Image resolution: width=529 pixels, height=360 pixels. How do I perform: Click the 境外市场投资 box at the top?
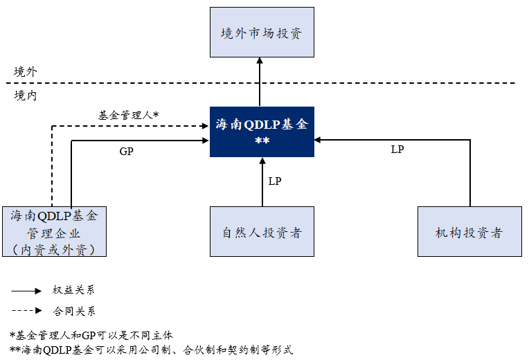tap(262, 33)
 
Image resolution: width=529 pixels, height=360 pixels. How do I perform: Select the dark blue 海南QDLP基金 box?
tap(262, 132)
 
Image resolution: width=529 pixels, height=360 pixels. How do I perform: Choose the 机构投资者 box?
tap(469, 232)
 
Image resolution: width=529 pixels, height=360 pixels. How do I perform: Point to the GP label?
tap(126, 151)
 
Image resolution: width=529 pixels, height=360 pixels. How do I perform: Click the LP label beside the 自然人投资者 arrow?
tap(275, 181)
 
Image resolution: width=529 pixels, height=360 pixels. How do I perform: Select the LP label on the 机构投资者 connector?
tap(397, 149)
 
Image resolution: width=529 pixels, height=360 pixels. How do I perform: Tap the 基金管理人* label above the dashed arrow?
tap(129, 115)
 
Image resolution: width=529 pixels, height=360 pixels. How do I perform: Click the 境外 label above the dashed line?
tap(26, 71)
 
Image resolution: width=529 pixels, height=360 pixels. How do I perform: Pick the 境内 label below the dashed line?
tap(26, 96)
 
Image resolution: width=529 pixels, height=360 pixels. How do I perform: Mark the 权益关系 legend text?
tap(73, 291)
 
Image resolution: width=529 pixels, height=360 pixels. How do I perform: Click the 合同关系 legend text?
tap(73, 311)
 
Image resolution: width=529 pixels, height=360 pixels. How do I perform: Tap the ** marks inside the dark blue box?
tap(262, 142)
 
